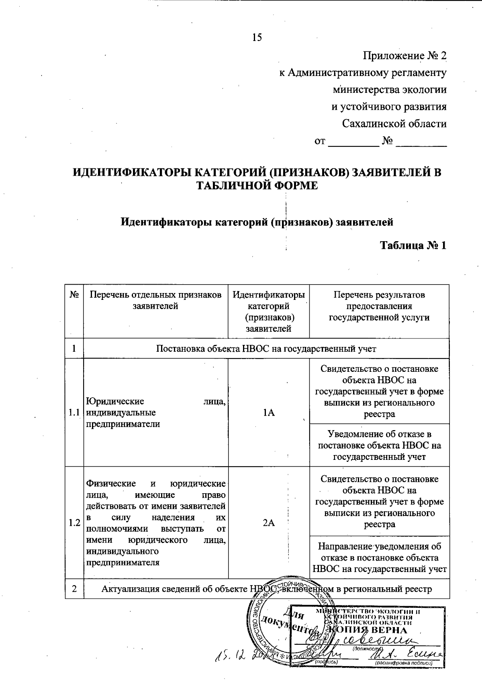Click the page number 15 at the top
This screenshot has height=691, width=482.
click(257, 38)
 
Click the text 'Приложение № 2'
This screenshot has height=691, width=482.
click(405, 55)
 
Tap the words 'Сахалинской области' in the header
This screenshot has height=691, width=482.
click(394, 123)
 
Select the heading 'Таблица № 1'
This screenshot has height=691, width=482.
click(413, 245)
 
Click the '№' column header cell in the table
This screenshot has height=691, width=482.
click(74, 295)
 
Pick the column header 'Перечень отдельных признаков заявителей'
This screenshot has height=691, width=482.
click(155, 300)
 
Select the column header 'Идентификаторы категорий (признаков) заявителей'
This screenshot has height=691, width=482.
click(269, 312)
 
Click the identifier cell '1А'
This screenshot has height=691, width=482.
click(269, 412)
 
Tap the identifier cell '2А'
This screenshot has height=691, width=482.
click(269, 523)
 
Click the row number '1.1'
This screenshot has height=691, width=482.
click(74, 412)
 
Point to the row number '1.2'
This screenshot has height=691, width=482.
click(74, 523)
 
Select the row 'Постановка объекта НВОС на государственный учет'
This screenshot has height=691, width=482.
click(266, 349)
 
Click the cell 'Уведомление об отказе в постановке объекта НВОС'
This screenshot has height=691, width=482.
click(379, 445)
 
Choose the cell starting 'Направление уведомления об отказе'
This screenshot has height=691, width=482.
click(379, 558)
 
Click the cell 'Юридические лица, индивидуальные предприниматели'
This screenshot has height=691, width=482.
click(155, 412)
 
